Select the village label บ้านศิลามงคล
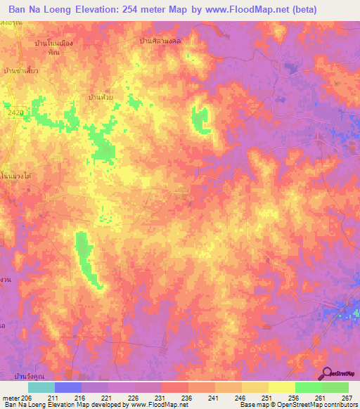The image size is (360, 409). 160,41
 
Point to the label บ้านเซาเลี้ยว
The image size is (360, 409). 21,70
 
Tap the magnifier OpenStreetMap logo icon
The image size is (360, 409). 328,373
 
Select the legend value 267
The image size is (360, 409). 347,398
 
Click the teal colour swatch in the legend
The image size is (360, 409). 41,387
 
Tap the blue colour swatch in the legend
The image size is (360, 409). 67,387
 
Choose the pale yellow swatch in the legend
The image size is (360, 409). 281,387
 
